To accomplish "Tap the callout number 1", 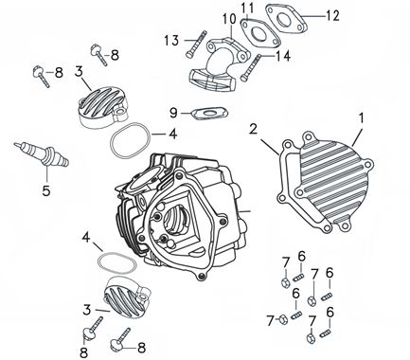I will [x=360, y=117].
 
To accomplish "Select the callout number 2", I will [x=253, y=127].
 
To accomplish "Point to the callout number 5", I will [x=44, y=188].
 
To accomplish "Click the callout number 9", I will [x=173, y=112].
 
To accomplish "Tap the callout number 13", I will [x=170, y=40].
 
